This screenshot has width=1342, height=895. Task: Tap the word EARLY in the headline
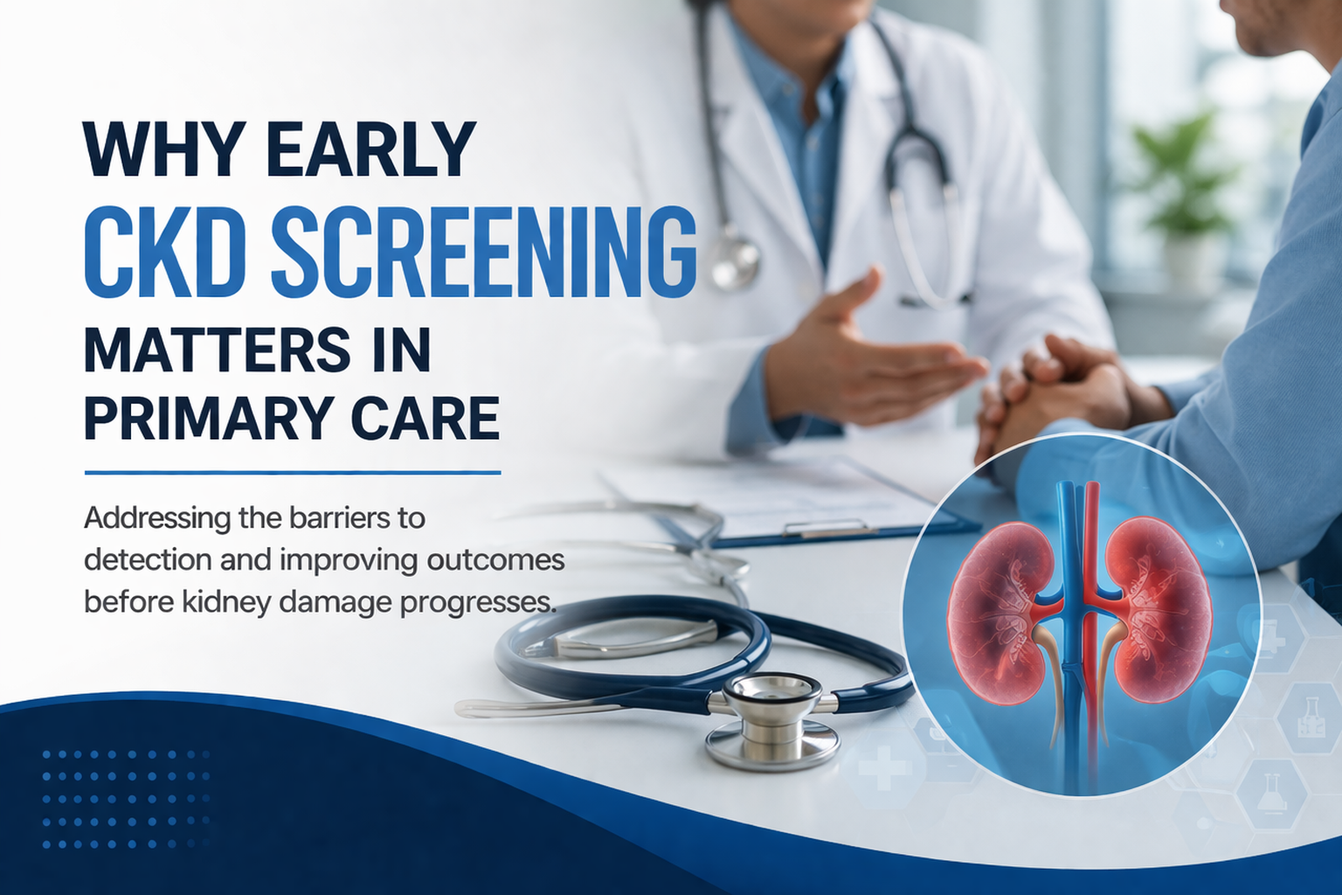[370, 149]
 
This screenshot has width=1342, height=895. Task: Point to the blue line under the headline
[292, 473]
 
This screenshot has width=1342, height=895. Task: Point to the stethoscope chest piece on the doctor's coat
[734, 258]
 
